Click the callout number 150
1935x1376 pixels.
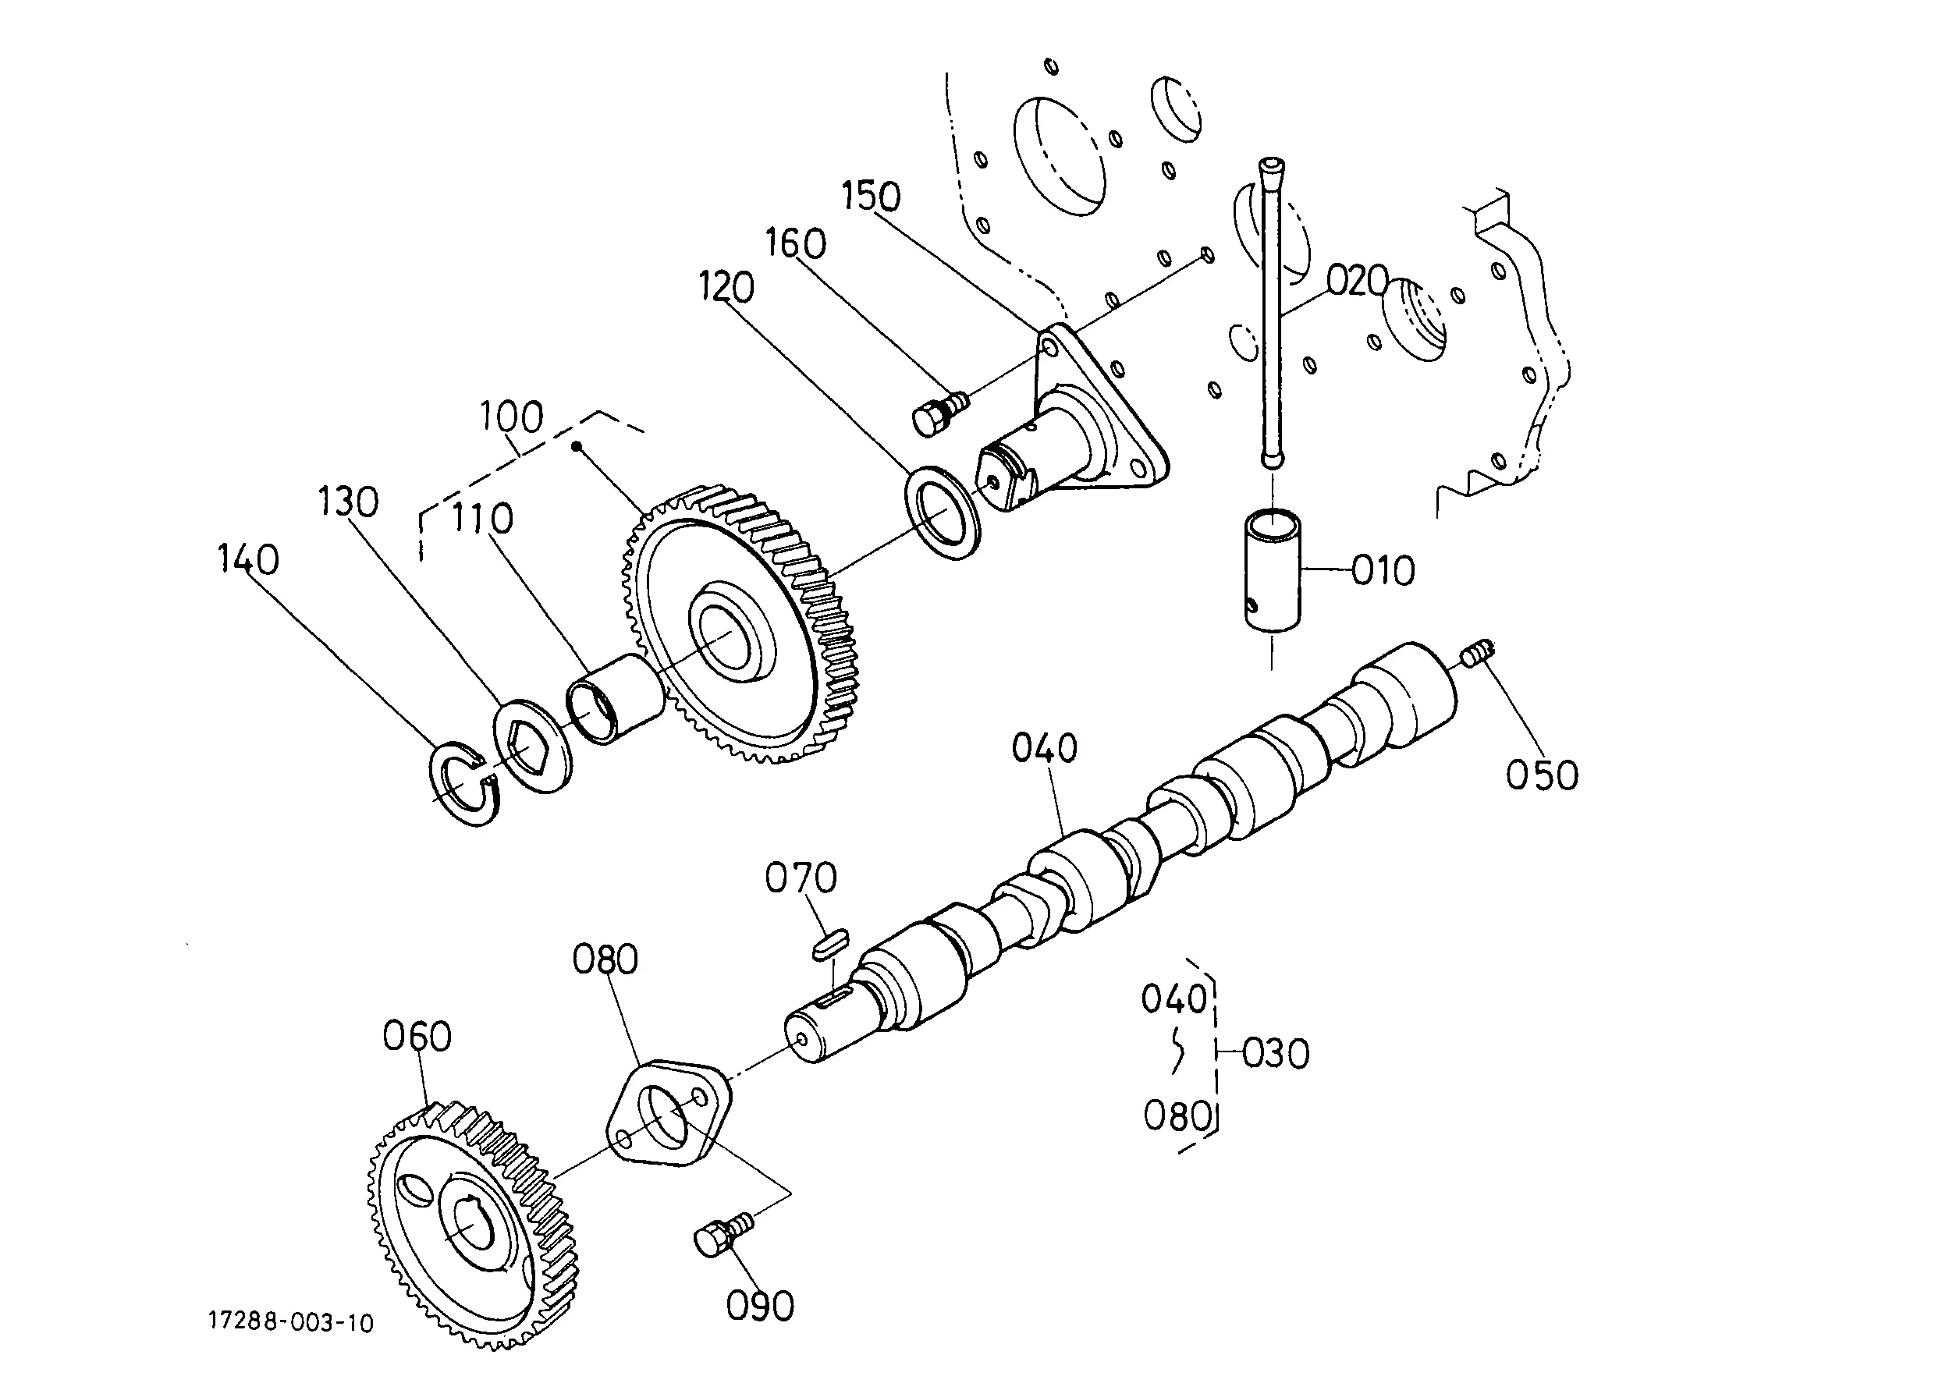point(871,196)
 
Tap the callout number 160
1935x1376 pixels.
point(796,244)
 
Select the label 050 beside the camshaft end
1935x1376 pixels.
point(1542,775)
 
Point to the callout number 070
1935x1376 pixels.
point(801,878)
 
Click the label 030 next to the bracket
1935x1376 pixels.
point(1276,1054)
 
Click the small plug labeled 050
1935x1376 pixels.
point(1479,653)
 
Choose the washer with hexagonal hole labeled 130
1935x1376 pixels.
point(531,746)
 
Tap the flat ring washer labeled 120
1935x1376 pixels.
point(943,512)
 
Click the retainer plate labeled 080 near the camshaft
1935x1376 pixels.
point(669,1110)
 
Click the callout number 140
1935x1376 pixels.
point(248,560)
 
